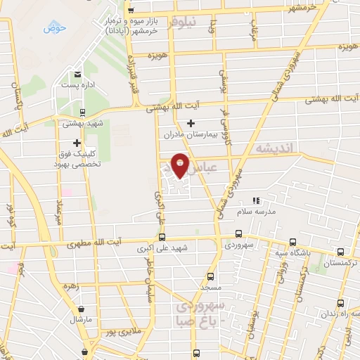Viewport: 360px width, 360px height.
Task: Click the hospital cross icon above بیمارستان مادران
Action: click(x=191, y=124)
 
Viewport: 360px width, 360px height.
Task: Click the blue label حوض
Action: click(x=54, y=28)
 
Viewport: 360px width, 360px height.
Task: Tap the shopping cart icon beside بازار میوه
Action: click(x=131, y=10)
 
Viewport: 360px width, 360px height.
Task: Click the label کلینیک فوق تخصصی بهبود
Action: click(x=79, y=158)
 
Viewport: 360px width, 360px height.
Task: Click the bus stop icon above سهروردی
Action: click(x=238, y=234)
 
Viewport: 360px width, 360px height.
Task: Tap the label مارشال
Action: click(x=82, y=319)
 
